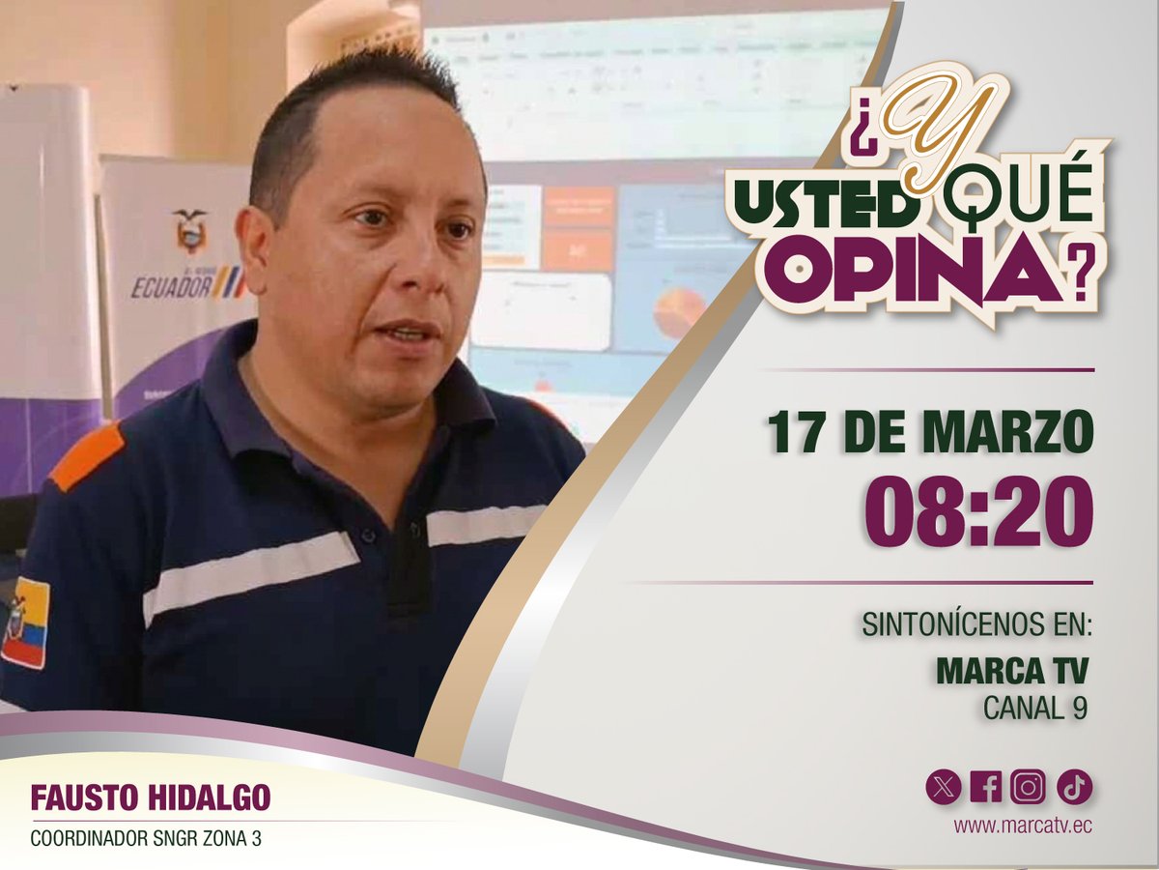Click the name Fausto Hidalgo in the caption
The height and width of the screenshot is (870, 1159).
pos(151,797)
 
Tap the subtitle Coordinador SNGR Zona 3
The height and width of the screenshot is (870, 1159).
pos(146,839)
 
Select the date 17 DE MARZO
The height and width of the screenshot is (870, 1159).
pos(931,433)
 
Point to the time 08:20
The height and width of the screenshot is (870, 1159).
pos(977,513)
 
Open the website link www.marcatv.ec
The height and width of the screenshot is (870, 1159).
pos(1023,826)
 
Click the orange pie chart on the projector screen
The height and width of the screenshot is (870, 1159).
pos(680,311)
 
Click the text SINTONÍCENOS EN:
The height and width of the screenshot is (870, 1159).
pos(976,624)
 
